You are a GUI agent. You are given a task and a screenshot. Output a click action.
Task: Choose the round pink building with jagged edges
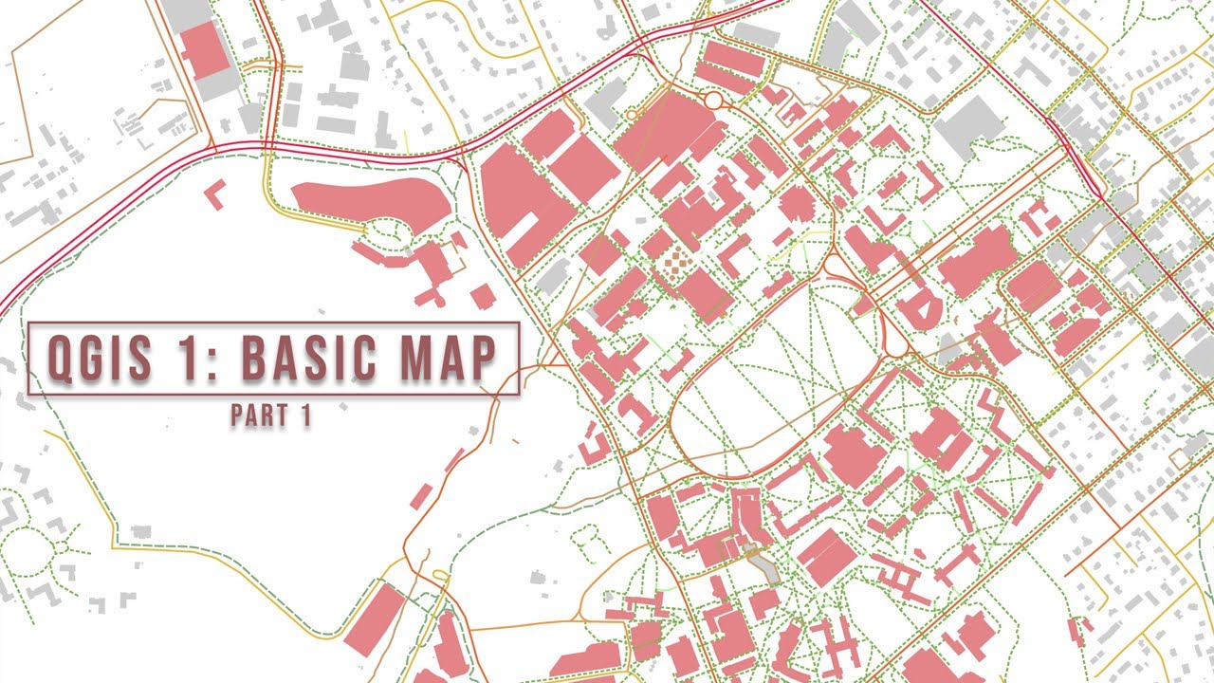(x=798, y=203)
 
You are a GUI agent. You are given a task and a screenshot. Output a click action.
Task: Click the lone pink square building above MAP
(x=482, y=295)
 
